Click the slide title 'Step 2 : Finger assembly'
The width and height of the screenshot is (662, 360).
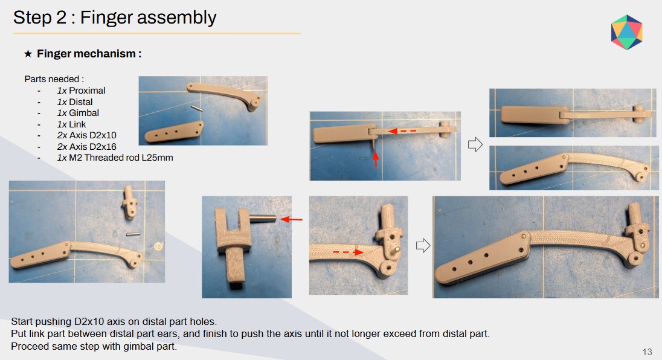[x=114, y=18]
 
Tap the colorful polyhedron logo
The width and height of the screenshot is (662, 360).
[x=626, y=32]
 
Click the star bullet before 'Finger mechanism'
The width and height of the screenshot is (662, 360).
[x=28, y=54]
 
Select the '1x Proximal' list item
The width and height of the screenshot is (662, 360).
[x=81, y=91]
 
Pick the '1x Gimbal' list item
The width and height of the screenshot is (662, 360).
[x=78, y=113]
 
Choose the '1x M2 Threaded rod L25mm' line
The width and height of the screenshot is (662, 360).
[x=115, y=158]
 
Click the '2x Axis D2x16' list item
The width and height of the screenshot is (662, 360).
[x=86, y=146]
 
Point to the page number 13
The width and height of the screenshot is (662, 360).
[x=647, y=352]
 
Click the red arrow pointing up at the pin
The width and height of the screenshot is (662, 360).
[x=375, y=159]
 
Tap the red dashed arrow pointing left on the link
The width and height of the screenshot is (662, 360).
[x=402, y=131]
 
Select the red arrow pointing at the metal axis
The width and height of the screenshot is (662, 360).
[x=291, y=219]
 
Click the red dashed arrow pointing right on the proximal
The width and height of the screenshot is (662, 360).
[x=348, y=252]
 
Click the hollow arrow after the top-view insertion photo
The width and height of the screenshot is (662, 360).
[x=475, y=144]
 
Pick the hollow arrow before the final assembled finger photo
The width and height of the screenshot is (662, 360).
[x=423, y=245]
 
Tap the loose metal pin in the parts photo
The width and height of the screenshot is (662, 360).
[x=197, y=109]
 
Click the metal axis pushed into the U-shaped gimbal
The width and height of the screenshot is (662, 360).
[x=262, y=219]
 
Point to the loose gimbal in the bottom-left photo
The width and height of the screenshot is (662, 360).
[x=129, y=202]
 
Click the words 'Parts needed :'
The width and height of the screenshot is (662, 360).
[x=54, y=79]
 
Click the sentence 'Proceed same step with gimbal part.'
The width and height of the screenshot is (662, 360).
[x=94, y=347]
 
